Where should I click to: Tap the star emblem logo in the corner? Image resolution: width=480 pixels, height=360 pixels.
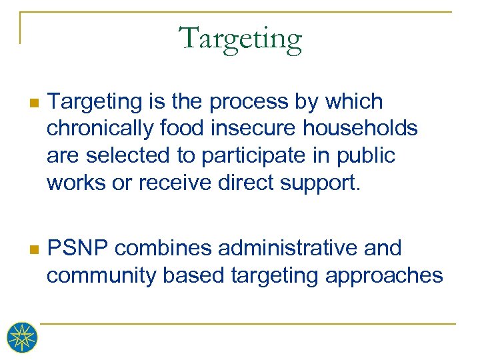22,337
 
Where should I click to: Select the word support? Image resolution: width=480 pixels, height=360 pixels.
320,182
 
